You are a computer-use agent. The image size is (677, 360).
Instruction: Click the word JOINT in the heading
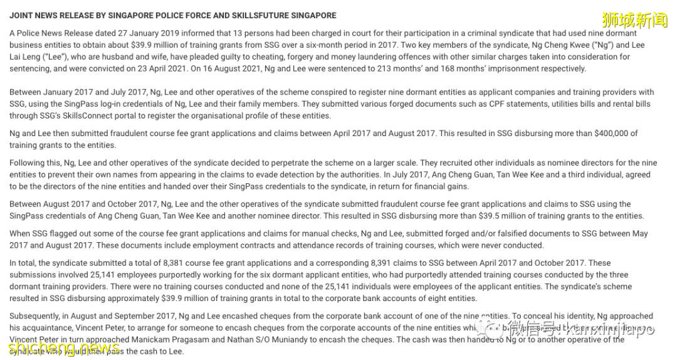pos(21,16)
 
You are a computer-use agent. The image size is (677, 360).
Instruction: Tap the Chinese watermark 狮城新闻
pos(634,21)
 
